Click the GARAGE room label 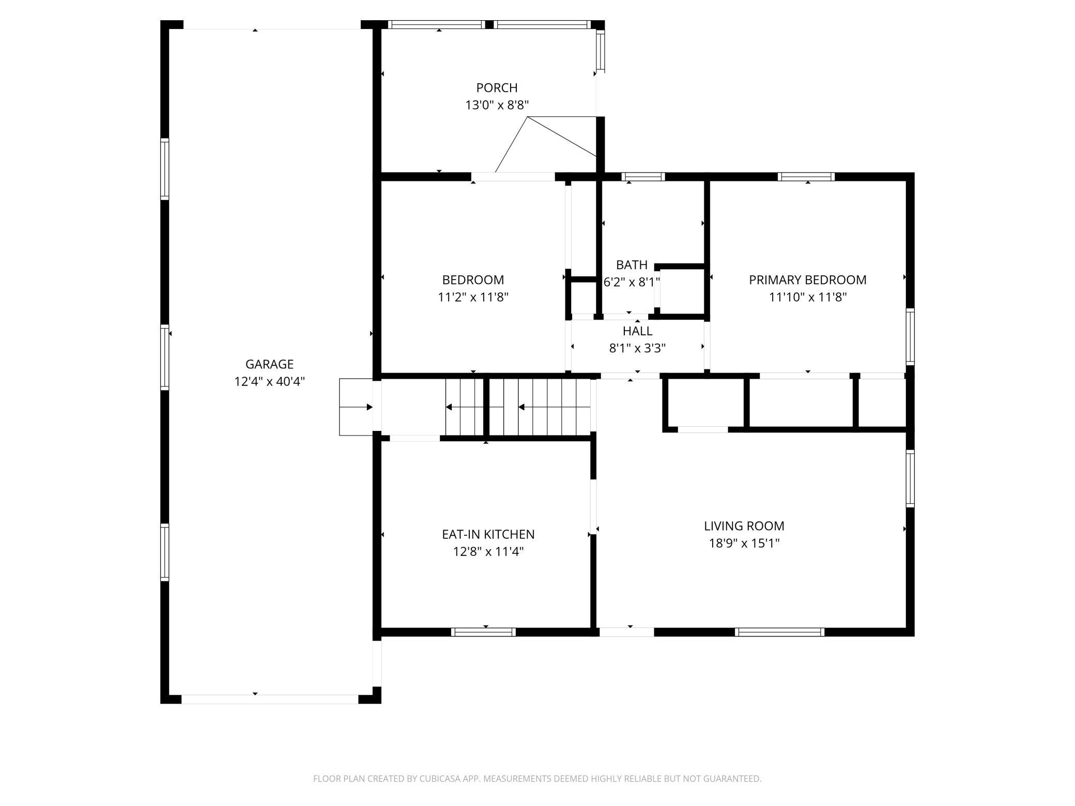[x=269, y=364]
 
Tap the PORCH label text [x=497, y=88]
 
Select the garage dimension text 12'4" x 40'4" [x=269, y=382]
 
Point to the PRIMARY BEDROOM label [x=807, y=280]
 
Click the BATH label [x=632, y=265]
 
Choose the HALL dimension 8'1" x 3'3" [x=637, y=348]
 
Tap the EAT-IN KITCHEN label [x=488, y=534]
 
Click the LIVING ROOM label [x=744, y=526]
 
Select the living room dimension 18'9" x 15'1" [x=744, y=544]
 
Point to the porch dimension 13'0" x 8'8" [x=497, y=105]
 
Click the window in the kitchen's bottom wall [x=483, y=632]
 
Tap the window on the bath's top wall [x=643, y=177]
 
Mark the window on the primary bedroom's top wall [x=806, y=177]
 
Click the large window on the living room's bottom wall [x=779, y=632]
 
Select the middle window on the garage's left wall [x=164, y=357]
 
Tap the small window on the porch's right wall [x=600, y=51]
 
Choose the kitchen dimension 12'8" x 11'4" [x=488, y=552]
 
